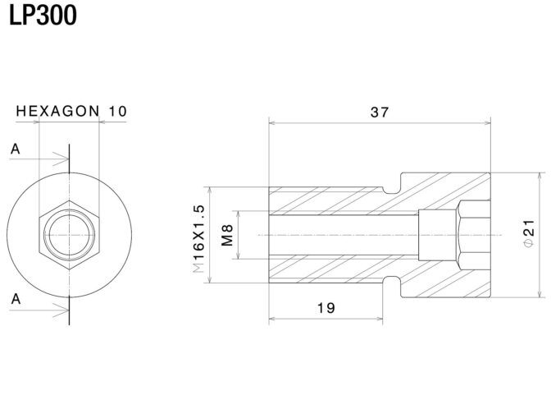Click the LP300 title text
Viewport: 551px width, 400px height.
(43, 16)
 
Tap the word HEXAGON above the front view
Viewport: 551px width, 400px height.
(58, 111)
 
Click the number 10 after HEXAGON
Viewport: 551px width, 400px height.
(118, 111)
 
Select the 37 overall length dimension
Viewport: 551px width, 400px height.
(380, 113)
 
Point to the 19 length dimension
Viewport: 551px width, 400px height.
(326, 308)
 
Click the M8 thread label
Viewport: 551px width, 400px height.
(228, 235)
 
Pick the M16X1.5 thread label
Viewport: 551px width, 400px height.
(199, 239)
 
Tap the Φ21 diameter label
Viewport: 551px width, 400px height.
(529, 233)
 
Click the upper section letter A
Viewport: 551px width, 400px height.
(15, 149)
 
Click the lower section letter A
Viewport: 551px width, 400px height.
(16, 299)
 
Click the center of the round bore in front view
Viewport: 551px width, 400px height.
(69, 235)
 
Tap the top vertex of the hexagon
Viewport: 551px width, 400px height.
(69, 200)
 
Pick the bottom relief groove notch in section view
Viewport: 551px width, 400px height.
(392, 284)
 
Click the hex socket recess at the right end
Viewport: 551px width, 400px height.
(474, 235)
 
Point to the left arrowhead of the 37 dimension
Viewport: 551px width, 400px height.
(272, 123)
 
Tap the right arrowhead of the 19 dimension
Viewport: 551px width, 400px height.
(379, 319)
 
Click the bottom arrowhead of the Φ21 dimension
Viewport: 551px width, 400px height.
(540, 294)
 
